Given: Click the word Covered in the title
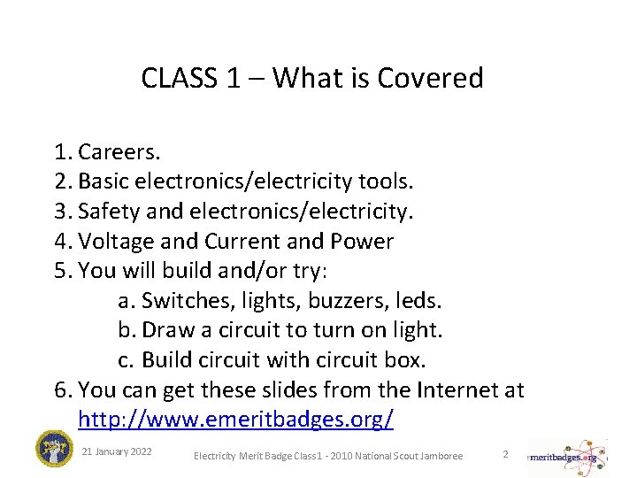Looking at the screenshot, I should coord(430,78).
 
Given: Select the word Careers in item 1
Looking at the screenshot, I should coord(119,151).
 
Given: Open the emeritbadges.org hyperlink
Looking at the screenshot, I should coord(235,419).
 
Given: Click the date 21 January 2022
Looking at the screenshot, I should coord(116,451).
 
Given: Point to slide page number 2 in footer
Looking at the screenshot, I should coord(505,453).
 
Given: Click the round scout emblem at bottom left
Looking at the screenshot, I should coord(54,449).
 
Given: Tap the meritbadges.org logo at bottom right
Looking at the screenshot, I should coord(566,458).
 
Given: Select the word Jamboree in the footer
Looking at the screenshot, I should coord(440,456).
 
